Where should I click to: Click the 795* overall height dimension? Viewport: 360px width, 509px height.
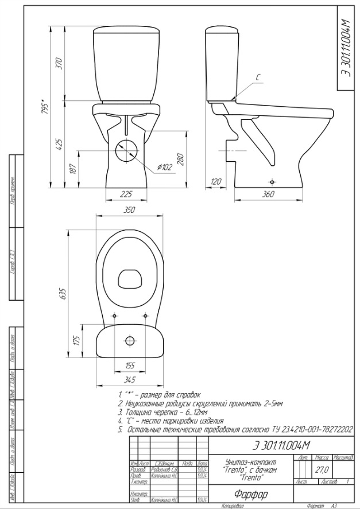tap(45, 108)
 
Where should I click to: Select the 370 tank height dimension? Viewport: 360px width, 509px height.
tap(58, 64)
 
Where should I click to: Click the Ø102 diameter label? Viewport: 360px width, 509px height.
tap(165, 168)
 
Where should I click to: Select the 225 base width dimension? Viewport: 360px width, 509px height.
tap(126, 194)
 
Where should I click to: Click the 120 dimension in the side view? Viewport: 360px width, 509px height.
tap(216, 182)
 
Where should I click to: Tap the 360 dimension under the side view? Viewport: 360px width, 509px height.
tap(268, 194)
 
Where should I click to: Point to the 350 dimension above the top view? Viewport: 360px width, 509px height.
tap(129, 211)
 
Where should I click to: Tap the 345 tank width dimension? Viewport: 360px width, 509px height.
tap(129, 379)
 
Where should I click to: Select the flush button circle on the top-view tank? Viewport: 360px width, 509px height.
tap(130, 341)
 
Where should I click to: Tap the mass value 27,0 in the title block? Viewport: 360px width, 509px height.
tap(321, 469)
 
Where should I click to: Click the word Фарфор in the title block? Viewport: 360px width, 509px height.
tap(251, 494)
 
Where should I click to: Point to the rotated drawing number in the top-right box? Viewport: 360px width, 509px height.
tap(346, 49)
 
